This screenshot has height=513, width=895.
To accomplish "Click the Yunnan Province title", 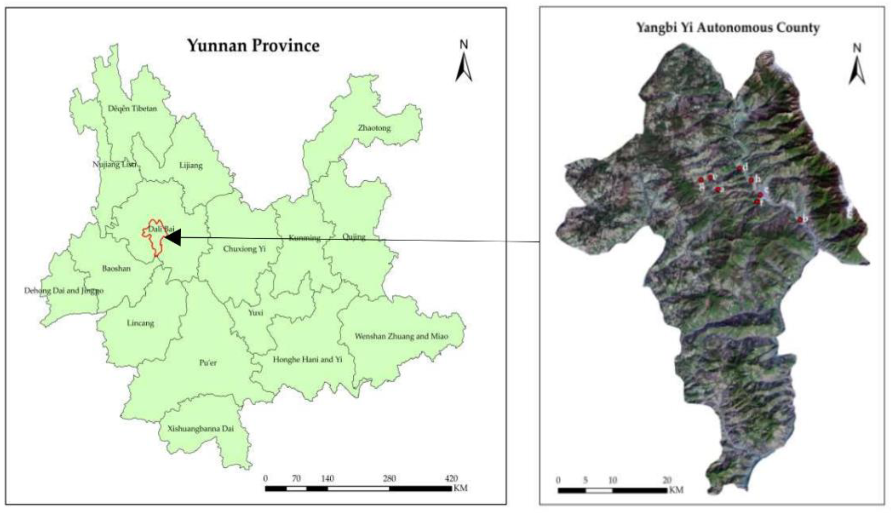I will [253, 46].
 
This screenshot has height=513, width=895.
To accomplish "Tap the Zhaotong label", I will [374, 128].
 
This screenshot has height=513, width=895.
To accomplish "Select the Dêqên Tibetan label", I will [132, 108].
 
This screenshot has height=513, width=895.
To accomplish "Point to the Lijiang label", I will [191, 165].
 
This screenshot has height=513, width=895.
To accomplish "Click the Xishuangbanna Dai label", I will [200, 429].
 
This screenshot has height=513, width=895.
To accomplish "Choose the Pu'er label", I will [208, 363].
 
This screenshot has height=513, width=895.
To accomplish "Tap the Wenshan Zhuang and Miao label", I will [402, 336].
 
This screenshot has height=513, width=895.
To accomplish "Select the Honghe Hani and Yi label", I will [308, 360].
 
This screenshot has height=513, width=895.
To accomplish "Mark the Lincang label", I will [140, 323].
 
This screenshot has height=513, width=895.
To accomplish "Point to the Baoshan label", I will [116, 269].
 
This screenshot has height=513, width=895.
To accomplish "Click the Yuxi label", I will [256, 313].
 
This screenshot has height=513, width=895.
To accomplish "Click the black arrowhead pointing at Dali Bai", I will [173, 237].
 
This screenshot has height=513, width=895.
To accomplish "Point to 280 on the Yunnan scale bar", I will [389, 478].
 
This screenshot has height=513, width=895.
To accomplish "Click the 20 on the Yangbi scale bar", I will [666, 480].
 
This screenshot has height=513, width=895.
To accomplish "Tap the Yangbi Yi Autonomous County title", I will [728, 27].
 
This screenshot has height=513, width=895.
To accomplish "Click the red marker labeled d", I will [739, 169].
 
